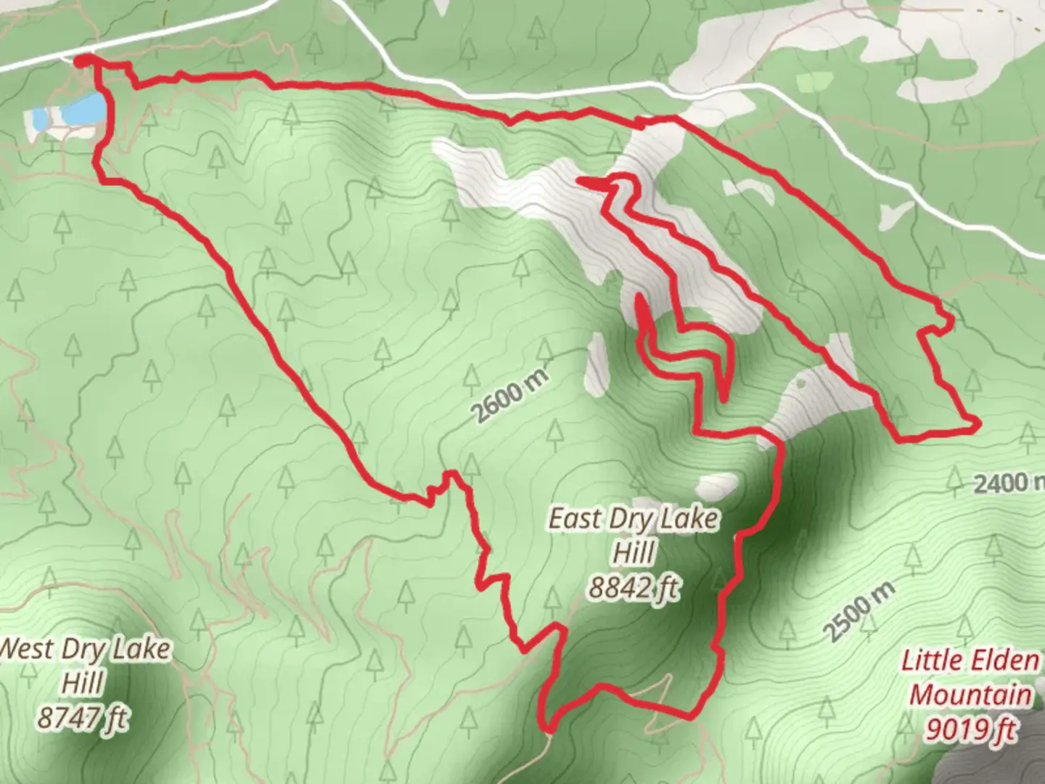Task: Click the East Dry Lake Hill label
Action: pyautogui.click(x=634, y=536)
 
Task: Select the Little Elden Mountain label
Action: pyautogui.click(x=970, y=677)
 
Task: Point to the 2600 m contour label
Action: pyautogui.click(x=510, y=396)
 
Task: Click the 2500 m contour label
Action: pyautogui.click(x=861, y=611)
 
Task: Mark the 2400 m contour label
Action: pyautogui.click(x=1005, y=482)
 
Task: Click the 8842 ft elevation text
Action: pyautogui.click(x=634, y=587)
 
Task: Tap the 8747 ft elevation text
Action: pyautogui.click(x=83, y=719)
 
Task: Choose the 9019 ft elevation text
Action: pyautogui.click(x=970, y=729)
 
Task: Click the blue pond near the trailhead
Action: pyautogui.click(x=81, y=110)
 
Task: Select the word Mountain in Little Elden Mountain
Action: pyautogui.click(x=970, y=695)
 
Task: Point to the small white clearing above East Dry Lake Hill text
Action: pyautogui.click(x=717, y=484)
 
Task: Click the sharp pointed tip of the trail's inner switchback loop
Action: pyautogui.click(x=639, y=297)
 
